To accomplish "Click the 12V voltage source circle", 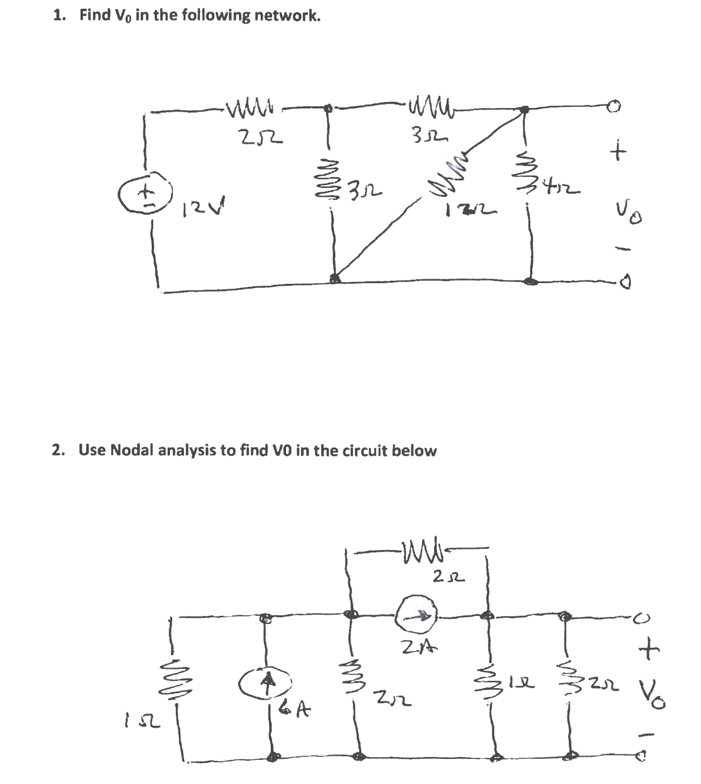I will pos(145,194).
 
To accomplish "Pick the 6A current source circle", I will pos(265,682).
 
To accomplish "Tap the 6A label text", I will pos(295,708).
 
